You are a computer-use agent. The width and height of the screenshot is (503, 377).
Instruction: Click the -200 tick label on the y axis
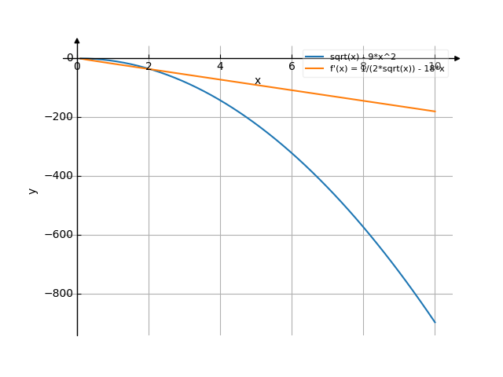coord(58,117)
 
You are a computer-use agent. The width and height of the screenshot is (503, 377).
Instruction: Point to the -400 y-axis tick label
coord(58,176)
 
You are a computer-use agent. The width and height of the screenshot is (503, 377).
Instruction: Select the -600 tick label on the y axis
coord(58,235)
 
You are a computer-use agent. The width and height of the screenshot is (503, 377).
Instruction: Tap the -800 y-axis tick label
coord(58,294)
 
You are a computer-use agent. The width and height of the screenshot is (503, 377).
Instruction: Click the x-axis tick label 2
coord(149,67)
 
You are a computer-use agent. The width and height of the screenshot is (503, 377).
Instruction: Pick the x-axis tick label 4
coord(220,67)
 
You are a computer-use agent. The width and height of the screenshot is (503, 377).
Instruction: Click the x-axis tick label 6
coord(292,67)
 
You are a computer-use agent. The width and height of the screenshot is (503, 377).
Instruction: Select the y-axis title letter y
coord(32,190)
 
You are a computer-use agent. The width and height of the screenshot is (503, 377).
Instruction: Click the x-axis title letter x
coord(257,81)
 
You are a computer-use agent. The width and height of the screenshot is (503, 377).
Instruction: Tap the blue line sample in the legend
coord(314,57)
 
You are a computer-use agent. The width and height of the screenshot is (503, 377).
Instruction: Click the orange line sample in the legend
coord(314,68)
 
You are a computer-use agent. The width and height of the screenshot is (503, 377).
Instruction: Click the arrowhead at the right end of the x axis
coord(457,58)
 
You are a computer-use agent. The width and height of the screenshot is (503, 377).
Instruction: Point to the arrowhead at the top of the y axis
coord(77,40)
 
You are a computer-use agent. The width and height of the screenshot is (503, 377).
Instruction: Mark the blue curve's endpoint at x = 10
coord(435,322)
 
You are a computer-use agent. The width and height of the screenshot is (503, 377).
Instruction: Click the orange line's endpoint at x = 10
coord(435,111)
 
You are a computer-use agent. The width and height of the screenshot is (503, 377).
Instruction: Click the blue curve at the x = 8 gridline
coord(363,227)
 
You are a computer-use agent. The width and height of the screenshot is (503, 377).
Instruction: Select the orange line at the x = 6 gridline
coord(292,90)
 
